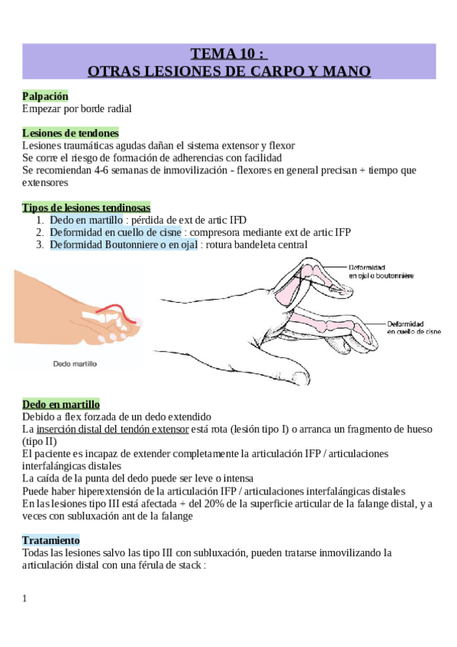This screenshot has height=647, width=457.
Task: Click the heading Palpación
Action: point(45,97)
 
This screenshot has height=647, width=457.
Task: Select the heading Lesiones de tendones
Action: point(70,133)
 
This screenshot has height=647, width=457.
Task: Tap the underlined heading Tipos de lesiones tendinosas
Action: point(86,208)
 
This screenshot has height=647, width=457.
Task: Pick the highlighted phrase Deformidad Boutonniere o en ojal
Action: point(124,244)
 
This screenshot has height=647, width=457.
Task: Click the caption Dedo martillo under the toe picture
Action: point(74,364)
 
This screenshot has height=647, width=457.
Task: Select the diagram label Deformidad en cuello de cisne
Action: point(413,328)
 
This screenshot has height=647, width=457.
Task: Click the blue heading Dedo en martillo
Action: point(61,404)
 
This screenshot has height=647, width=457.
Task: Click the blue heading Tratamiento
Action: point(50,540)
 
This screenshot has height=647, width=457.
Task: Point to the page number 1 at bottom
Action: point(25,598)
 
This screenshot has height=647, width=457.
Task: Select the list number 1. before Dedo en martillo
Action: point(40,220)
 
